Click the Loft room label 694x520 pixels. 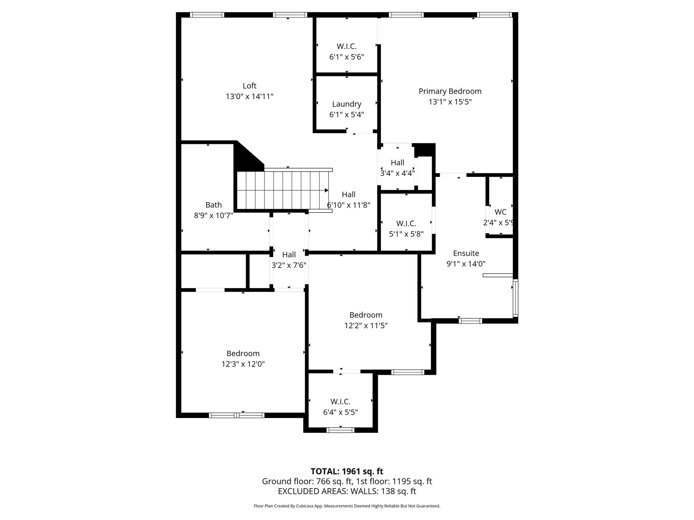249,86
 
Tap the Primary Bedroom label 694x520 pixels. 450,91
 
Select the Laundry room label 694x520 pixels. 347,104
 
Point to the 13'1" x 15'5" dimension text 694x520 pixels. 450,102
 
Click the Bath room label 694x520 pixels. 213,205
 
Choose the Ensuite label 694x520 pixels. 466,253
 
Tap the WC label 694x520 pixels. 501,212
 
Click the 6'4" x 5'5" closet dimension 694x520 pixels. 340,412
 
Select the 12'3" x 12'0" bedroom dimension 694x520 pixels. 243,364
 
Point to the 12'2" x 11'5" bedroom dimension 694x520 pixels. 366,326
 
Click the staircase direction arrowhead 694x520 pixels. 327,190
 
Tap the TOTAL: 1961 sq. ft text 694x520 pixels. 347,471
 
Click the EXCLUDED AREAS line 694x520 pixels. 347,491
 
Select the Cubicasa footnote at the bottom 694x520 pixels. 347,506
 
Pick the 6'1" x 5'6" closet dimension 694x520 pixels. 347,57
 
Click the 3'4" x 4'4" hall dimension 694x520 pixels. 397,173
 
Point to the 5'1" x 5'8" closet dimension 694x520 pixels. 406,234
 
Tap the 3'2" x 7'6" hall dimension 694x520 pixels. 289,265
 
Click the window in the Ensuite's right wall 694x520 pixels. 515,298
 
